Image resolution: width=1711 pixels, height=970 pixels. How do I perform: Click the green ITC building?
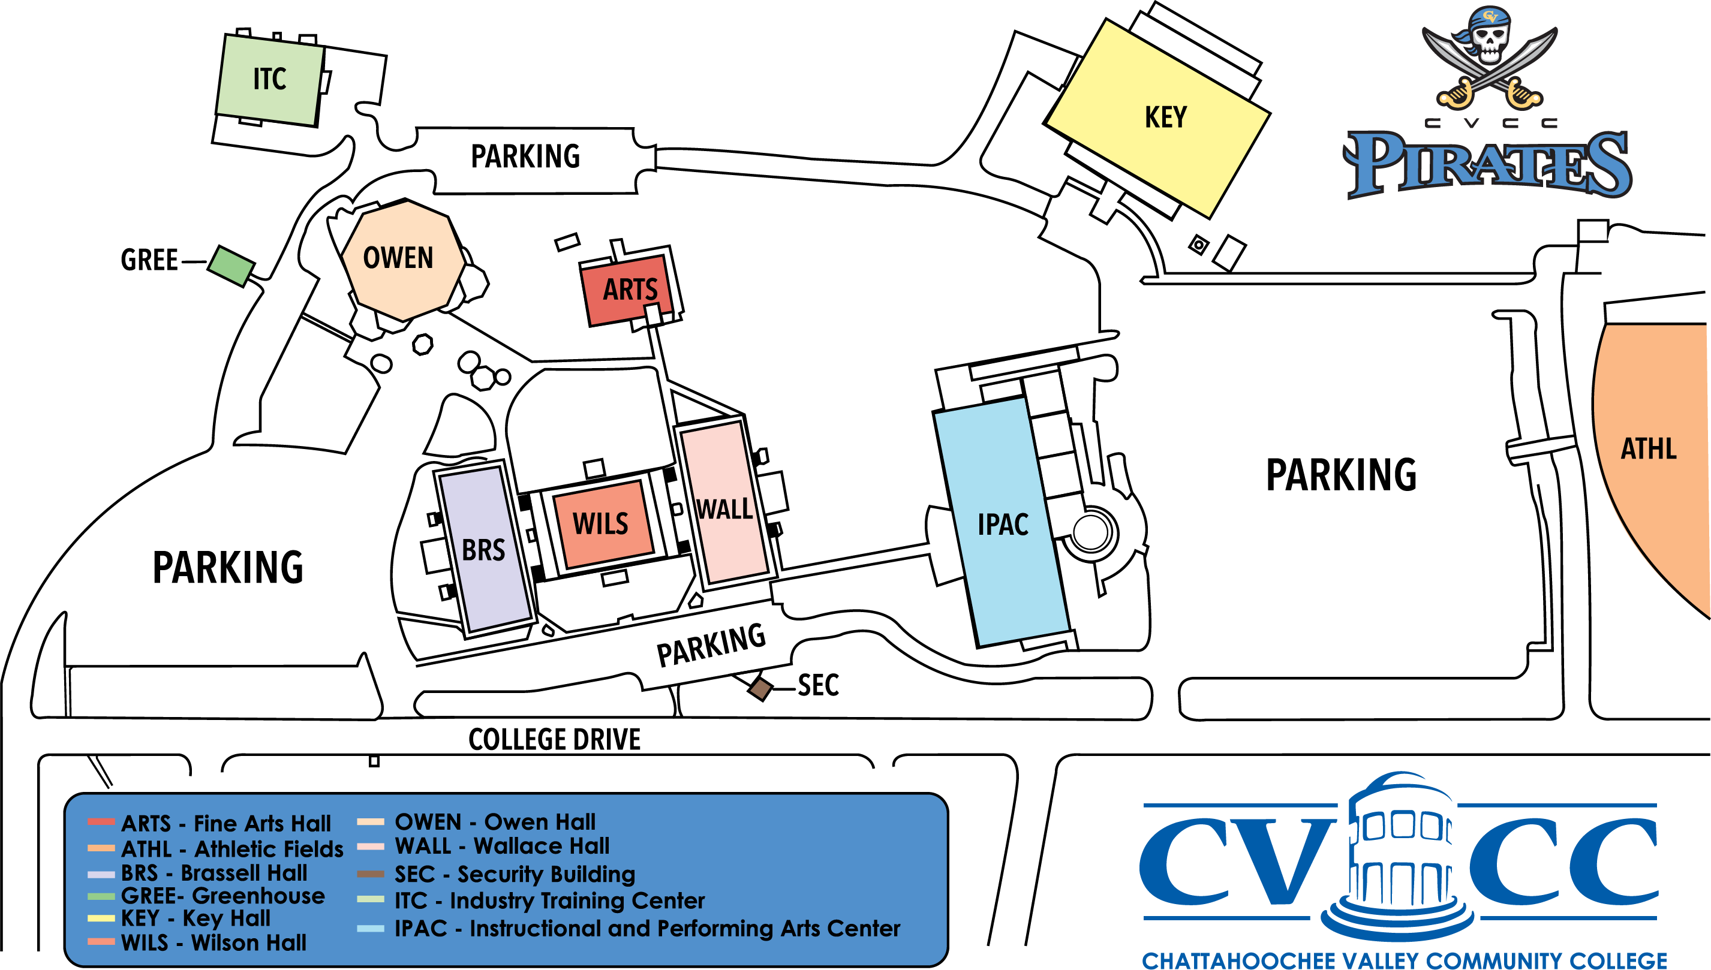[270, 79]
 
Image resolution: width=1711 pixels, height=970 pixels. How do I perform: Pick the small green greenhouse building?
[230, 265]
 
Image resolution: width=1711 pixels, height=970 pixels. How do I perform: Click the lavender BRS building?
[485, 549]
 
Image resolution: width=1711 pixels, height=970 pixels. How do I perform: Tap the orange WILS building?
[602, 523]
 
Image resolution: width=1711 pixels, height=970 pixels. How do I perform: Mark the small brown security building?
[760, 688]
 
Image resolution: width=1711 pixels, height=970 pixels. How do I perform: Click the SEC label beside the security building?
[818, 685]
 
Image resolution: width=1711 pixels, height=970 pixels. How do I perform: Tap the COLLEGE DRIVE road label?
[554, 740]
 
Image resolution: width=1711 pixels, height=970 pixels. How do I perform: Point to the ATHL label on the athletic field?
[1649, 449]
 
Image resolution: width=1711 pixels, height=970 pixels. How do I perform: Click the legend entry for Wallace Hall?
[501, 846]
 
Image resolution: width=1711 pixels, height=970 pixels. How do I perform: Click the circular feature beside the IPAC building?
[1090, 532]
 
